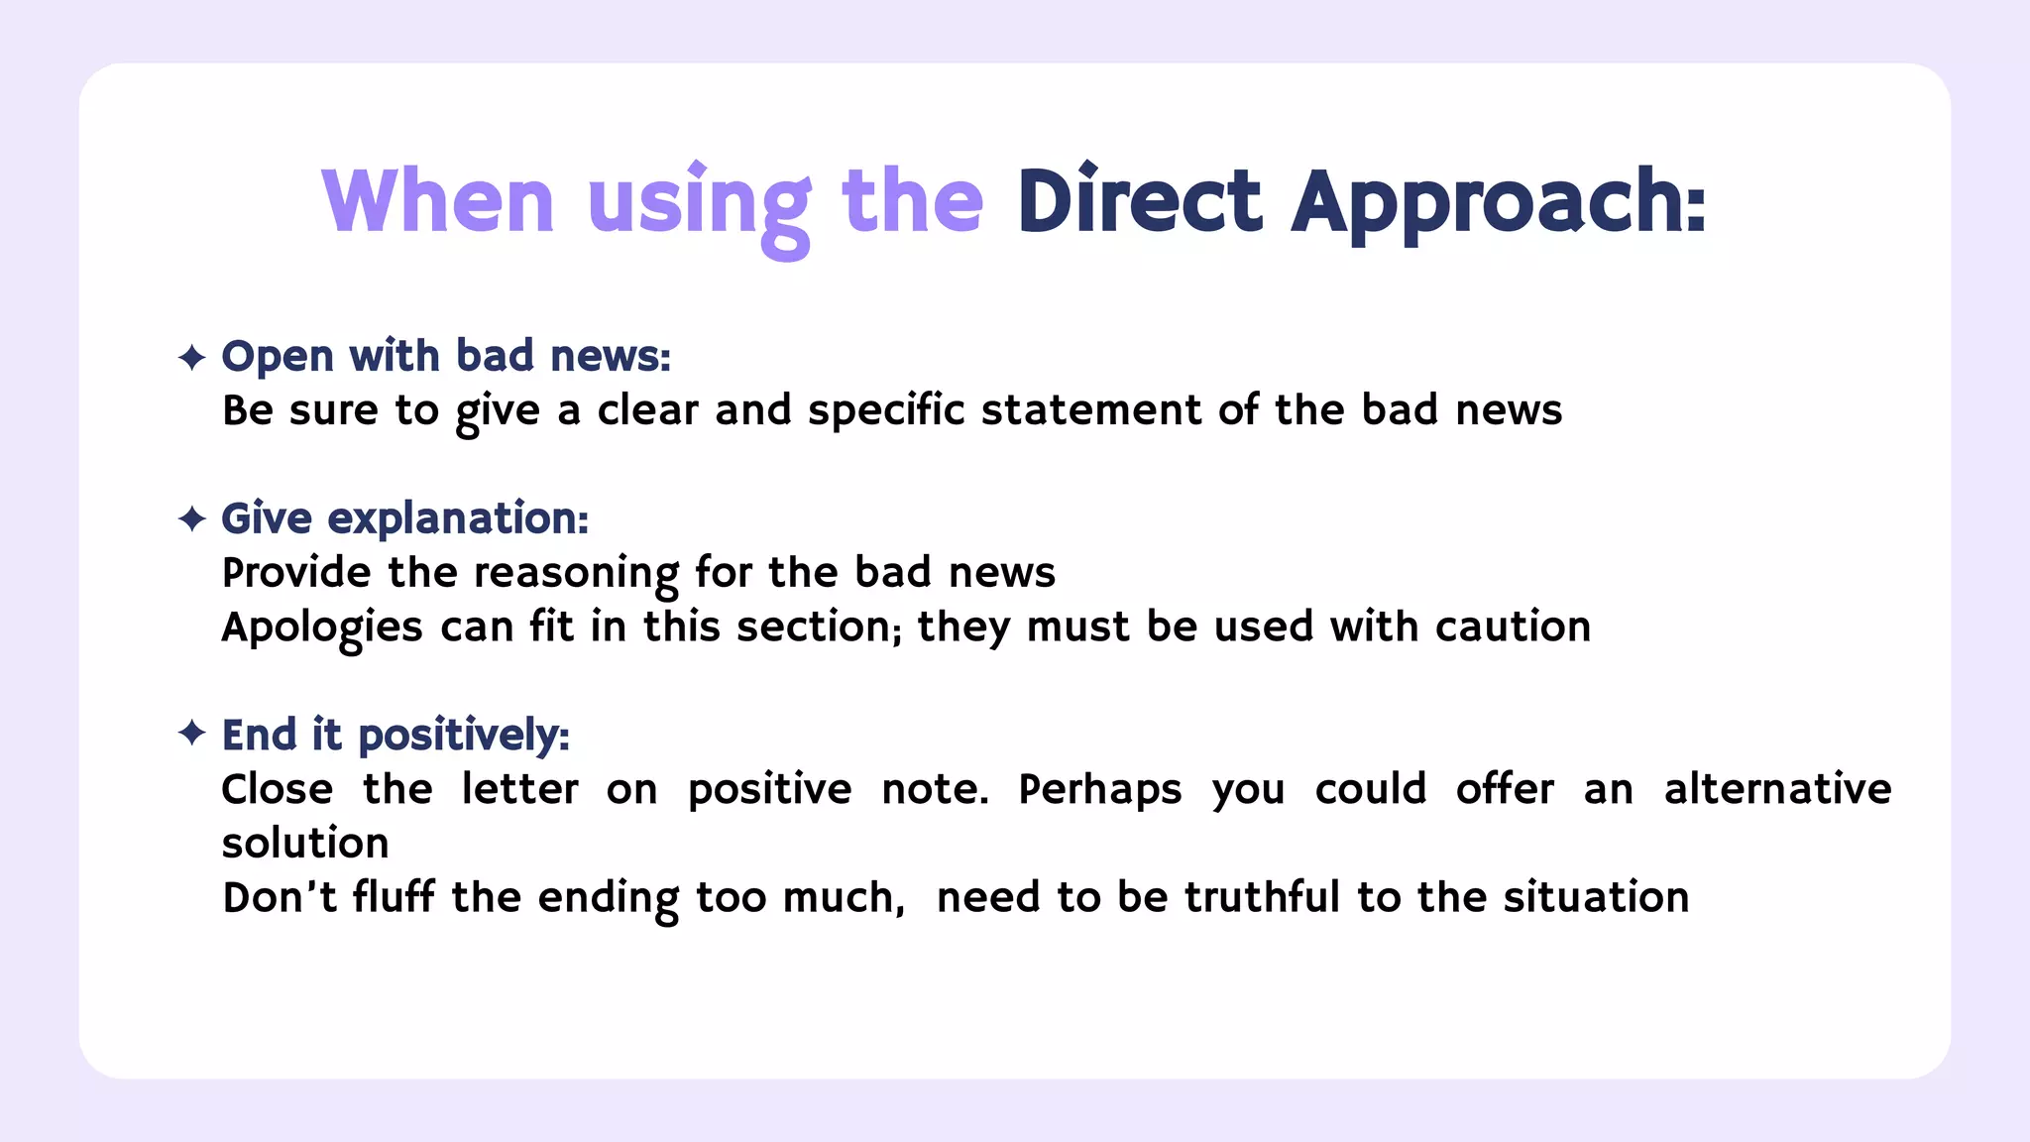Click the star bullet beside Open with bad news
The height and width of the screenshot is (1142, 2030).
pos(191,357)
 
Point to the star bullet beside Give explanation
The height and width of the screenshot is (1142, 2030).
pos(191,518)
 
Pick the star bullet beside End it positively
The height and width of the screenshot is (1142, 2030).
pos(191,734)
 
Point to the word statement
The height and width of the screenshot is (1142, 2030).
pos(1091,410)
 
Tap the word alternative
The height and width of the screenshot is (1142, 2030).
pos(1778,789)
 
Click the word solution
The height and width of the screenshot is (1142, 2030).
pos(305,844)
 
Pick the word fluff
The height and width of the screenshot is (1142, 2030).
pos(394,897)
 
